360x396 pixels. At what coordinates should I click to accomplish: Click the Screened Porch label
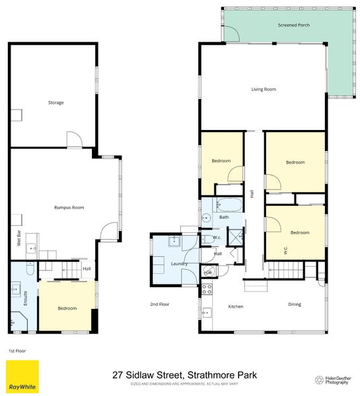point(293,25)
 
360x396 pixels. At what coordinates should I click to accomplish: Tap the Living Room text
point(264,89)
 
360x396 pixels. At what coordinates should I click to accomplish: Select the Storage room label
point(55,102)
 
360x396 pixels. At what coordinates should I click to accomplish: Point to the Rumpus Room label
point(69,207)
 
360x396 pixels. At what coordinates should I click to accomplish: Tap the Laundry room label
point(179,263)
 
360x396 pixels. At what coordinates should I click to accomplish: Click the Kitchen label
point(236,306)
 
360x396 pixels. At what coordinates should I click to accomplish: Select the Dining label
point(295,304)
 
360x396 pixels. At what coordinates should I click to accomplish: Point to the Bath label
point(224,217)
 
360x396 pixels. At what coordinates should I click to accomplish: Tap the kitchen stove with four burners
point(206,288)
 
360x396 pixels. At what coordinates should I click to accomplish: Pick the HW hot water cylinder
point(207,272)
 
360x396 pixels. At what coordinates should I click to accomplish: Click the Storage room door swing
point(73,139)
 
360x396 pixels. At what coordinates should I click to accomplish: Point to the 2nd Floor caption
point(160,304)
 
